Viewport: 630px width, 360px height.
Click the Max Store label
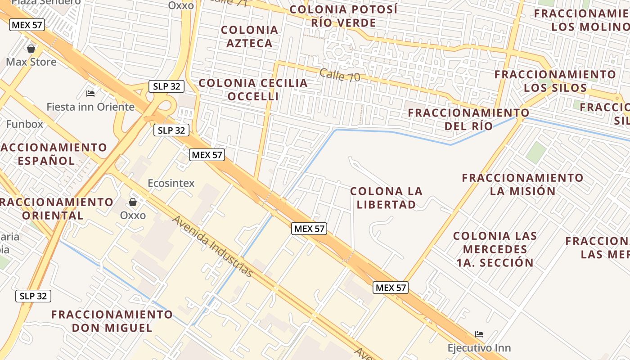[31, 62]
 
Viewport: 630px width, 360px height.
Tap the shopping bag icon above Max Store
[31, 48]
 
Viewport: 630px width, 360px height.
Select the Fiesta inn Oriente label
[90, 107]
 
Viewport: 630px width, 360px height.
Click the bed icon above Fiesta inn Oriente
[90, 94]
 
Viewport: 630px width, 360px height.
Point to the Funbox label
[25, 124]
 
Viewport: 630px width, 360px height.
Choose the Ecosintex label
[171, 183]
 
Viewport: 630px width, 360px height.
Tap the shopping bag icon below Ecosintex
[133, 202]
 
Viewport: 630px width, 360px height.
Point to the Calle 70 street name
[340, 75]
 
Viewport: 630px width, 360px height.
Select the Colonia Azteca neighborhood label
[249, 36]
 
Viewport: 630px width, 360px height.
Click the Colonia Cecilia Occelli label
[253, 90]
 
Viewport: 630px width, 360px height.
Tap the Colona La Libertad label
[386, 198]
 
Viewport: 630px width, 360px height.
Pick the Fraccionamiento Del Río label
[468, 119]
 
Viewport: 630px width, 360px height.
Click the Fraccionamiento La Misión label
[522, 184]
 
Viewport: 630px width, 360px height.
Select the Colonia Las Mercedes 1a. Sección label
[495, 249]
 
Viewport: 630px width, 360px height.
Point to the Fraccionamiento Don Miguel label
[112, 321]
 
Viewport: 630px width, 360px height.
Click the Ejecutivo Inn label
[479, 348]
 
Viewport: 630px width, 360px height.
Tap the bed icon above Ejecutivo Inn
[479, 334]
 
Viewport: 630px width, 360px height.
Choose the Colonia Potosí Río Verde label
[344, 16]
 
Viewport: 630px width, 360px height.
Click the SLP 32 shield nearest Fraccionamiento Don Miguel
[34, 296]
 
